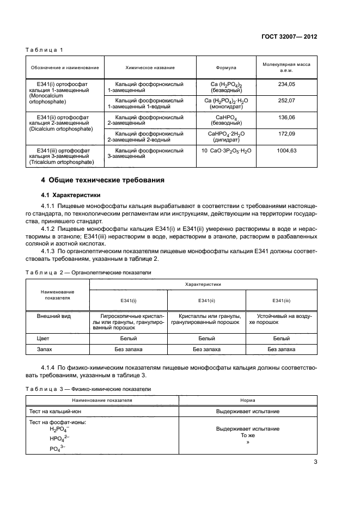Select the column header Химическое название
(150, 68)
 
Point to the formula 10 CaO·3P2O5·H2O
(227, 150)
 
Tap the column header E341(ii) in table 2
(206, 301)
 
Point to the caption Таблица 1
(44, 50)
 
